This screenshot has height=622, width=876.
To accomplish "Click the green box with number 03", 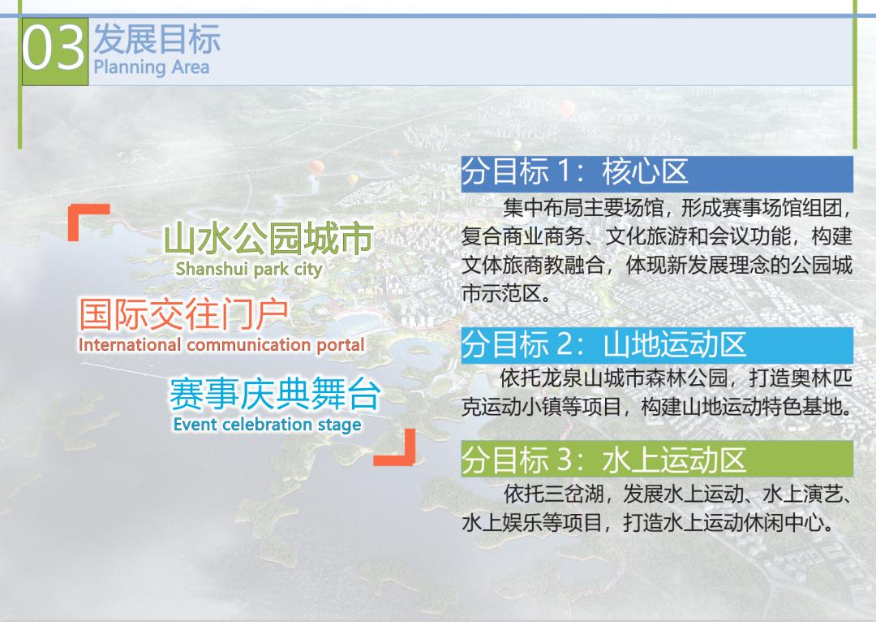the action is click(55, 51).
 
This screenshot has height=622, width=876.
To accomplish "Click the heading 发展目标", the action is click(157, 39).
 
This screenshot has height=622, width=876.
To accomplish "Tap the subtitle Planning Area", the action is click(152, 67).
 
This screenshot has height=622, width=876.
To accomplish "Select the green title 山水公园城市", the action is click(268, 239).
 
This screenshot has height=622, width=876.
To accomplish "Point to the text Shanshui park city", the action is click(249, 269).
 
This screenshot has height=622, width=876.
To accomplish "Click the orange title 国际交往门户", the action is click(184, 314).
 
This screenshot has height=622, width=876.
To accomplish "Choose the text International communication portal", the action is click(221, 344).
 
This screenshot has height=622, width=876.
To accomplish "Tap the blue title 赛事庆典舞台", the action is click(275, 393).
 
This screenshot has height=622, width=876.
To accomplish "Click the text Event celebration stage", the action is click(267, 425).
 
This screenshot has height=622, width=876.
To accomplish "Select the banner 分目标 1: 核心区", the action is click(657, 174).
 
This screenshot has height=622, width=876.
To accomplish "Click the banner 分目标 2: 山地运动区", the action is click(657, 345).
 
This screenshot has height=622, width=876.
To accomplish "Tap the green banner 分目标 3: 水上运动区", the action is click(657, 459).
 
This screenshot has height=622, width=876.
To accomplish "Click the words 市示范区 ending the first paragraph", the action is click(502, 293).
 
